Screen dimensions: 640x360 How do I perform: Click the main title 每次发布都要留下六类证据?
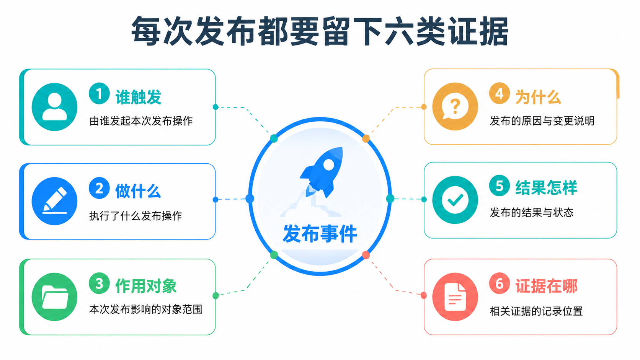tap(320, 31)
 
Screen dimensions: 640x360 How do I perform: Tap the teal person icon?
tap(54, 107)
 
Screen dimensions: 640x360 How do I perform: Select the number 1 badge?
tap(99, 93)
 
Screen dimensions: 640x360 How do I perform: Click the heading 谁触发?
tap(139, 97)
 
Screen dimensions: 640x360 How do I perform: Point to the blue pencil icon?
tap(54, 201)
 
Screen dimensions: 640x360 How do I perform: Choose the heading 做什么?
tap(138, 191)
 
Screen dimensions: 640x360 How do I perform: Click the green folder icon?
tap(54, 296)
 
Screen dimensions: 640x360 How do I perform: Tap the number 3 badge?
tap(99, 283)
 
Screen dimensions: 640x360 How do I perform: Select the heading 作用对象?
tap(146, 286)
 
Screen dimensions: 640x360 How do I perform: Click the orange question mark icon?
tap(455, 106)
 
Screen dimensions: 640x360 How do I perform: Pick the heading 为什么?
tap(538, 97)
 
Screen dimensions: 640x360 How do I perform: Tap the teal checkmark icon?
tap(455, 200)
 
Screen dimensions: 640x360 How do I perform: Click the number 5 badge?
tap(500, 186)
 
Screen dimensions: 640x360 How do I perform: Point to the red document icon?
tap(455, 296)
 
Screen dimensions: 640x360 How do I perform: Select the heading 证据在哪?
tap(546, 286)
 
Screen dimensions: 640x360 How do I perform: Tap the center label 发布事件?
tap(320, 233)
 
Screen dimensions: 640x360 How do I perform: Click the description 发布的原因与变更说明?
tap(542, 121)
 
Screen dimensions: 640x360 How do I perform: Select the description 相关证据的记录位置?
tap(536, 311)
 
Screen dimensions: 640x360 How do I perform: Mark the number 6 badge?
tap(500, 283)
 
